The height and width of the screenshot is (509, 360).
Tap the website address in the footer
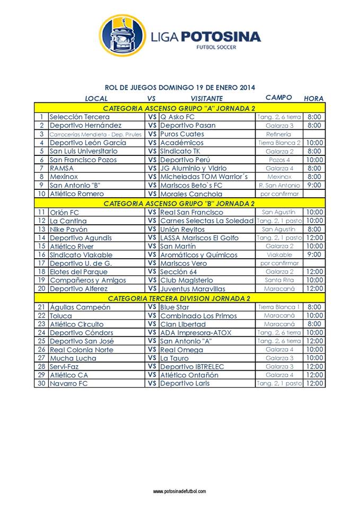click(180, 492)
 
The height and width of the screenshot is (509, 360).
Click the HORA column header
click(313, 98)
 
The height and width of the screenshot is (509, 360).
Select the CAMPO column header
click(279, 98)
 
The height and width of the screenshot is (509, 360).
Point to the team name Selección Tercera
click(80, 117)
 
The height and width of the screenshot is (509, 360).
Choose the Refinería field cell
click(279, 134)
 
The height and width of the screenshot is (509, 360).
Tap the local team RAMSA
click(62, 168)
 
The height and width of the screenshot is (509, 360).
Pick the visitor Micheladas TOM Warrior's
click(204, 177)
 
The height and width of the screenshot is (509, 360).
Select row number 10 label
click(41, 194)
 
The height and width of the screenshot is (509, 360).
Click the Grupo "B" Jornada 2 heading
click(179, 203)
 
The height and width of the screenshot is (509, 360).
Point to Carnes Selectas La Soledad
click(207, 221)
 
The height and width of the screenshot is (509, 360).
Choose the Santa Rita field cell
click(279, 280)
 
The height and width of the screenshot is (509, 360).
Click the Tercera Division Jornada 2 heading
click(179, 298)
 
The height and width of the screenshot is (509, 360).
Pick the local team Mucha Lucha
click(73, 358)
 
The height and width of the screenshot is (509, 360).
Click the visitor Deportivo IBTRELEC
click(192, 366)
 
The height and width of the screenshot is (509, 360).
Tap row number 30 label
click(41, 383)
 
